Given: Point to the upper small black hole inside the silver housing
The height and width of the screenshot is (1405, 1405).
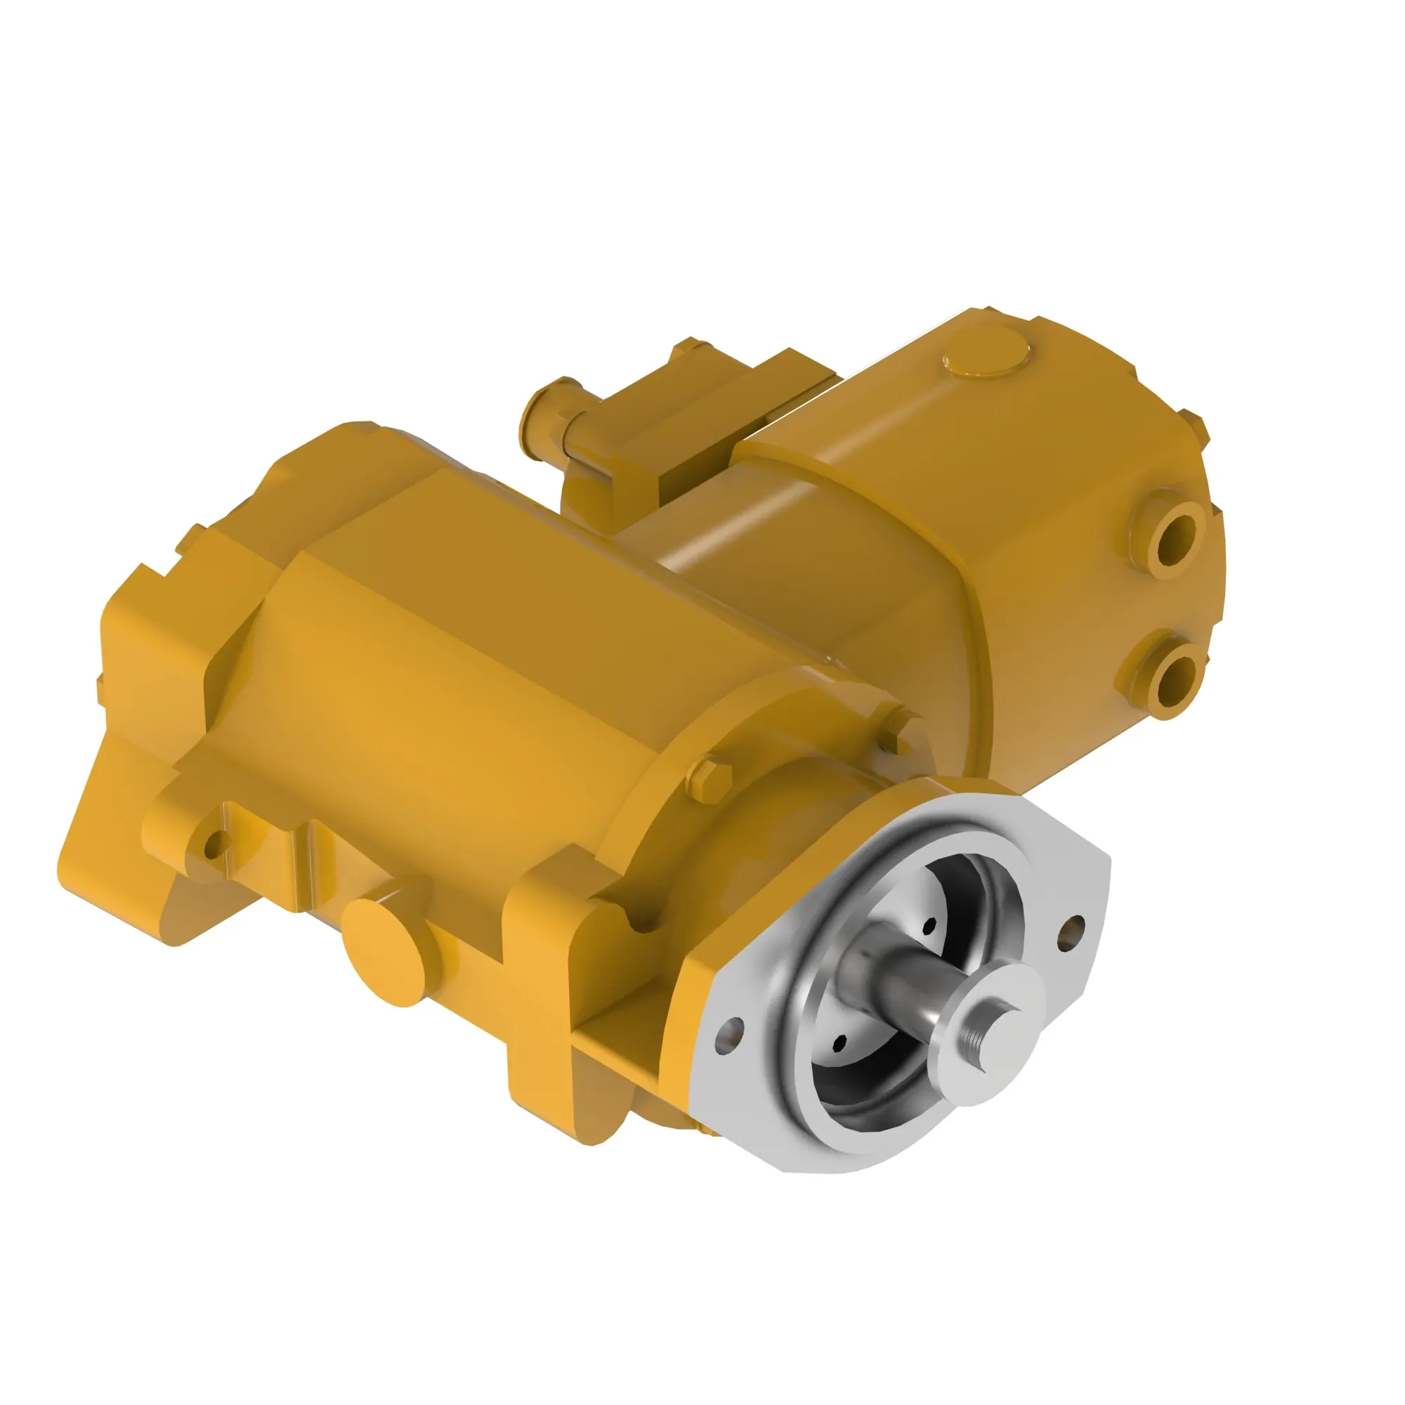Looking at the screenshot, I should point(929,927).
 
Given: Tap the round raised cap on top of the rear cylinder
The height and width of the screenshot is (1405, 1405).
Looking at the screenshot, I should point(987,352).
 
